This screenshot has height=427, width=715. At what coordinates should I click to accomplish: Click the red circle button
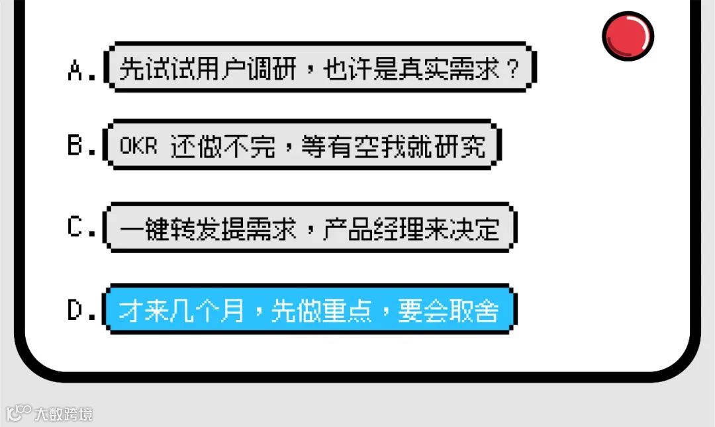pos(628,35)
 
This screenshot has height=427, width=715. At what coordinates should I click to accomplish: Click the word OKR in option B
pos(138,146)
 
